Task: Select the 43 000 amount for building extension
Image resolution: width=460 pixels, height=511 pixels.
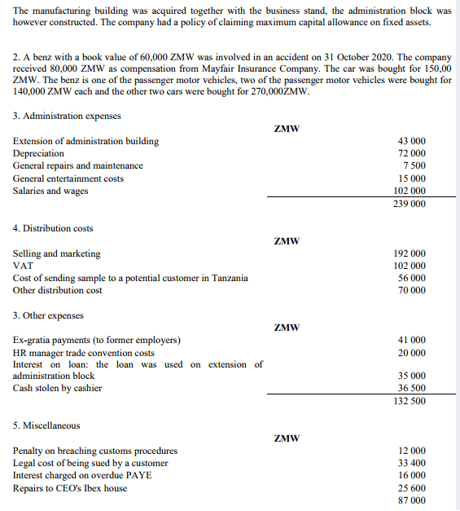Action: point(409,141)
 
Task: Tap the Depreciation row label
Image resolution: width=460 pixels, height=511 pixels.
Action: point(38,153)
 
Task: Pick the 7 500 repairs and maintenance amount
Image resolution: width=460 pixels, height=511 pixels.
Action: point(413,165)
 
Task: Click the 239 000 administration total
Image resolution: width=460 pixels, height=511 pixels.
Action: point(409,204)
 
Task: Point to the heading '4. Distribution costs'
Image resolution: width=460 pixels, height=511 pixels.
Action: point(53,228)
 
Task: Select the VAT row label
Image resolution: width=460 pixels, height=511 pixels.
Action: point(24,266)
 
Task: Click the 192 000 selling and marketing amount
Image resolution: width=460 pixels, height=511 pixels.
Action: point(409,253)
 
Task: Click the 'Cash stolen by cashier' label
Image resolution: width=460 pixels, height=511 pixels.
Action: point(58,388)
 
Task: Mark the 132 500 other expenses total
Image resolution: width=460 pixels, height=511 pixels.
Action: point(409,401)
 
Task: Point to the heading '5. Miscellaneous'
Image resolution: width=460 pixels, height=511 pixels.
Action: point(46,425)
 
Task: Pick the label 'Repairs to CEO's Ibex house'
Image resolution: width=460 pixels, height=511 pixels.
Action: point(70,488)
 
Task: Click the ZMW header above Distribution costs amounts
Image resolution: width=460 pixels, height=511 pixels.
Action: point(287,241)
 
